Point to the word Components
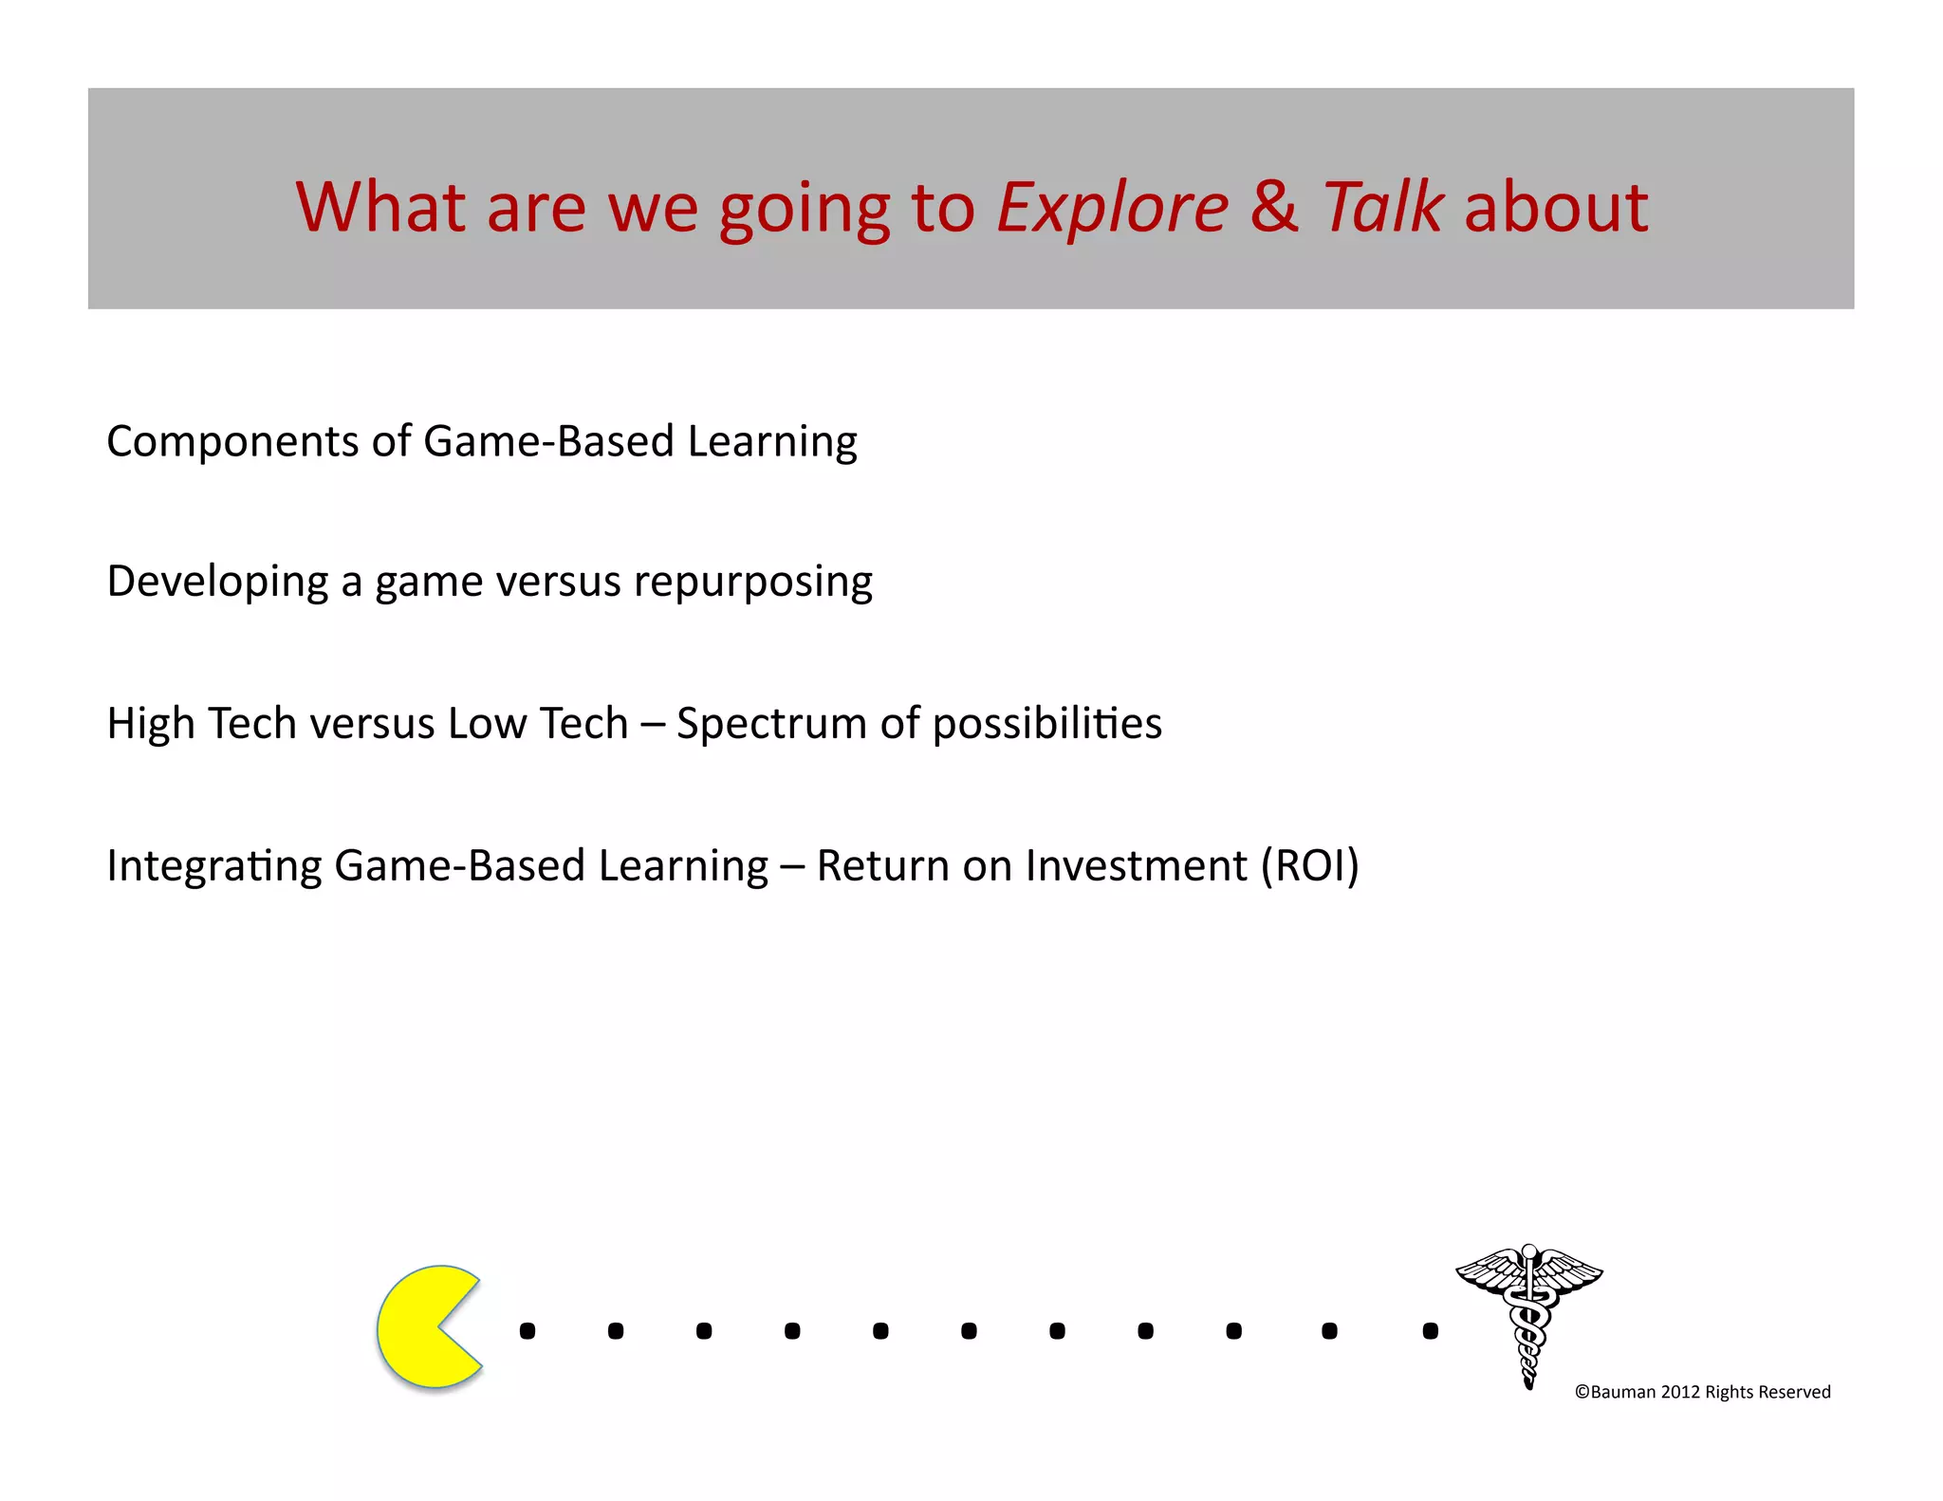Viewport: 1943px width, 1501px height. pyautogui.click(x=232, y=442)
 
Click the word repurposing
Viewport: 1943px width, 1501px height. pyautogui.click(x=752, y=583)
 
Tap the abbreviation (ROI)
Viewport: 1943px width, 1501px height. pyautogui.click(x=1309, y=865)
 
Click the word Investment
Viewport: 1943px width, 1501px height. pyautogui.click(x=1136, y=865)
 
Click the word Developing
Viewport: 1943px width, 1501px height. pyautogui.click(x=216, y=583)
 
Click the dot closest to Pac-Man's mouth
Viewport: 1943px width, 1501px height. pyautogui.click(x=527, y=1331)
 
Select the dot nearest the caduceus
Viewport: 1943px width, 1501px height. pyautogui.click(x=1431, y=1331)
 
